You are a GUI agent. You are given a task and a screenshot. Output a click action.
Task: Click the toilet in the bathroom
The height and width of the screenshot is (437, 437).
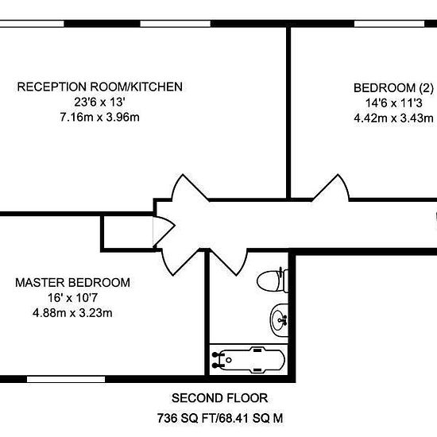(273, 280)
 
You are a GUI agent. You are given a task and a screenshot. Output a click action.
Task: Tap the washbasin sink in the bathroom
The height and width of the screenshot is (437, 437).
(279, 320)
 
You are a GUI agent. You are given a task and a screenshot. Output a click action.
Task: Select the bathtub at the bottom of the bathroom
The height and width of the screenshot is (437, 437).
(249, 359)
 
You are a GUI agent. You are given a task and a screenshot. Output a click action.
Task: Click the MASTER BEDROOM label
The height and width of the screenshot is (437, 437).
(72, 283)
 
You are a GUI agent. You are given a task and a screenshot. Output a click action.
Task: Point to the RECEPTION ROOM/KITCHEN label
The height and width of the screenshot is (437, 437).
(100, 87)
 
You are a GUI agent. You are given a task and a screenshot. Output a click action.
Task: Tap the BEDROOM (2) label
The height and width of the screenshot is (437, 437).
(393, 88)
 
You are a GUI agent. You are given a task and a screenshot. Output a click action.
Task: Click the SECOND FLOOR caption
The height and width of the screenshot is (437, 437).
(219, 398)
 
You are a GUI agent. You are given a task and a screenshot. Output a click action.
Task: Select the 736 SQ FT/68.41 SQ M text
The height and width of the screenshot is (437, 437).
(220, 418)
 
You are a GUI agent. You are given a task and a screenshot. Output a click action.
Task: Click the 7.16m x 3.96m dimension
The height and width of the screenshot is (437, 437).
(100, 117)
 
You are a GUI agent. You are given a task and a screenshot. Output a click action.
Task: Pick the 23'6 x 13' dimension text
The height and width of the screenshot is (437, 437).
(99, 102)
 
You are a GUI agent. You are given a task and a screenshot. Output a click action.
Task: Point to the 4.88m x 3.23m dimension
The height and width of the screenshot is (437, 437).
(72, 313)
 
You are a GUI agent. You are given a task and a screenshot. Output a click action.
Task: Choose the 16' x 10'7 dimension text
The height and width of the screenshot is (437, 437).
(72, 298)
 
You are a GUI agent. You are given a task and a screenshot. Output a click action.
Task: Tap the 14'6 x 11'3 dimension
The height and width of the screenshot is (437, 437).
(393, 103)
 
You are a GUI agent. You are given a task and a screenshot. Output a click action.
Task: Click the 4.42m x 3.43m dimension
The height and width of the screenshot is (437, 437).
(393, 118)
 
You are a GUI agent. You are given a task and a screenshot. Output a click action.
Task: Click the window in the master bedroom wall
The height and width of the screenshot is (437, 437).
(66, 379)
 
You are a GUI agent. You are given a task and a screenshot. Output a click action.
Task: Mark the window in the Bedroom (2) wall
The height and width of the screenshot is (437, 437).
(389, 24)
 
